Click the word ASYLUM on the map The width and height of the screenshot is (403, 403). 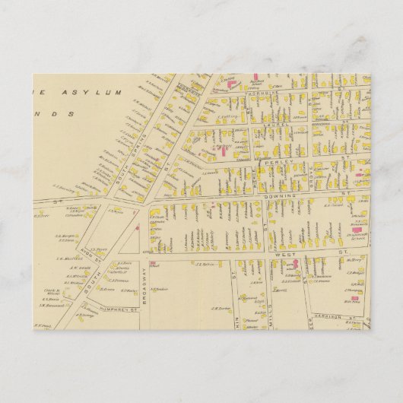97,91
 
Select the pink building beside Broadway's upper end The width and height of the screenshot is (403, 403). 136,226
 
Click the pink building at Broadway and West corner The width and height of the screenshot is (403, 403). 154,264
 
